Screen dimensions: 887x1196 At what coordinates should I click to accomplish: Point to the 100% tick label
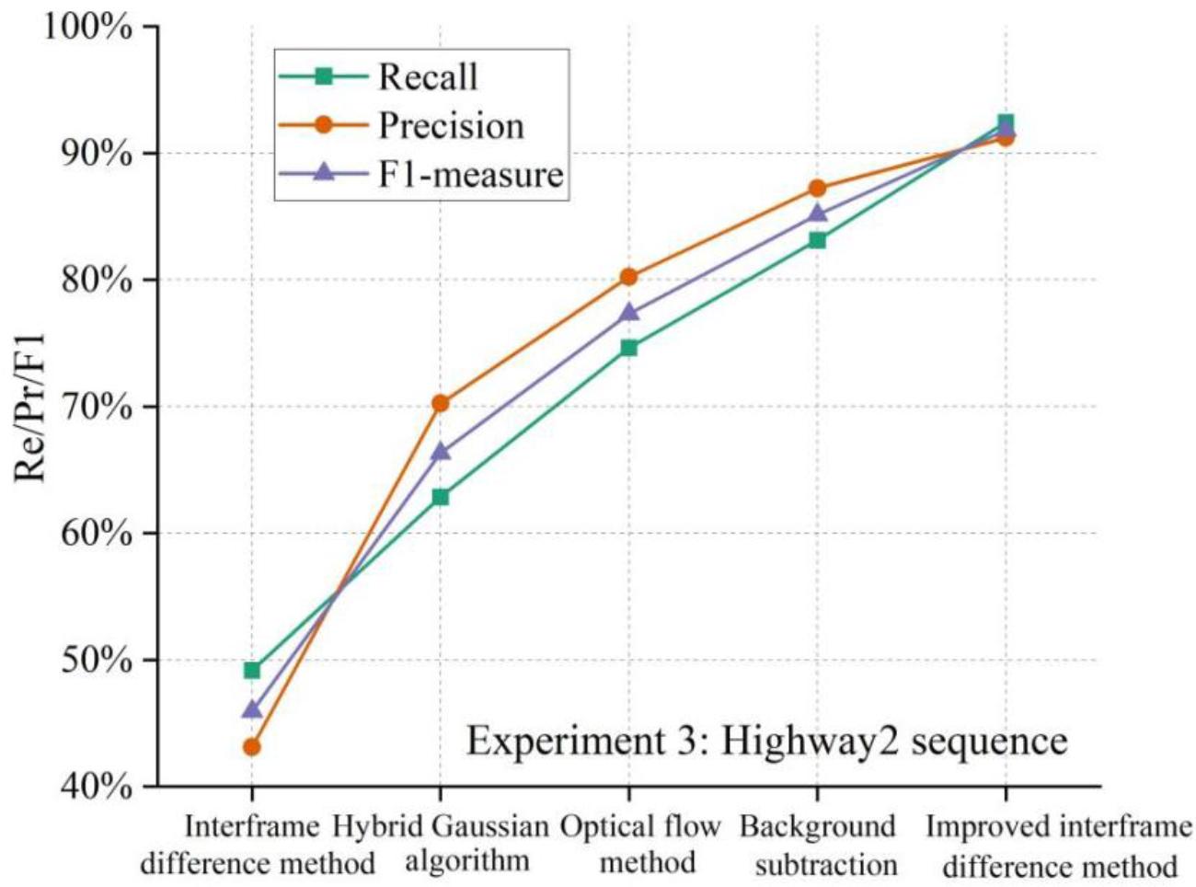[87, 27]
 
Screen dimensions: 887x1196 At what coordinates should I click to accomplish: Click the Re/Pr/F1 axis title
[30, 407]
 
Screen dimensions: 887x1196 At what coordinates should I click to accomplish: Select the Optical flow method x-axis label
[640, 845]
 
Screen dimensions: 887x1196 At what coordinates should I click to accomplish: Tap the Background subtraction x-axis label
[818, 845]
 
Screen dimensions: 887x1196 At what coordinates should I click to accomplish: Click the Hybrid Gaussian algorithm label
[442, 845]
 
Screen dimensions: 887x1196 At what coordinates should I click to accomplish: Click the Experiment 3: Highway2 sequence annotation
[766, 741]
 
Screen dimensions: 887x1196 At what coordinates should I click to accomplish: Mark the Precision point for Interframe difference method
[251, 747]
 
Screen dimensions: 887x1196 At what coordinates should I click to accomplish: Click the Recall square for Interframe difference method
[251, 670]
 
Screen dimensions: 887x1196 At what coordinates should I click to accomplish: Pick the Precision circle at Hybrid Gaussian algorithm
[440, 403]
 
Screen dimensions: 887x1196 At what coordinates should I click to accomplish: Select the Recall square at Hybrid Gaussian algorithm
[440, 497]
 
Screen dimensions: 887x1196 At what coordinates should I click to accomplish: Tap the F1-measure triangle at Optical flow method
[628, 312]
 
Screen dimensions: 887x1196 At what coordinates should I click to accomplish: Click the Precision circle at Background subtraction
[817, 189]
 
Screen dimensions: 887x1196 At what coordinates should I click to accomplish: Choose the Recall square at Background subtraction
[817, 240]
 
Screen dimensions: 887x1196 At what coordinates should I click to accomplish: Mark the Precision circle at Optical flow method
[628, 277]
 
